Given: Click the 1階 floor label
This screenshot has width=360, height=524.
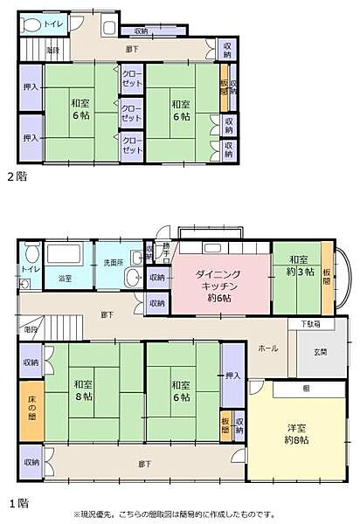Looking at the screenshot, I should (17, 503).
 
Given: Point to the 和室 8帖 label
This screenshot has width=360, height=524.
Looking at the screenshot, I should (84, 390).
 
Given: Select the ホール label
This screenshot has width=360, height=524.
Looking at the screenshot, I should (268, 348).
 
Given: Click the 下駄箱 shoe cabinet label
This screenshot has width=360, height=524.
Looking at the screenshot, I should (310, 324).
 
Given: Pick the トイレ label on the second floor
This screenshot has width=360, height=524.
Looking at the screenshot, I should (41, 24).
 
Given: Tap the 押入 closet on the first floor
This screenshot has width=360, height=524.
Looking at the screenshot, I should (232, 375).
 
